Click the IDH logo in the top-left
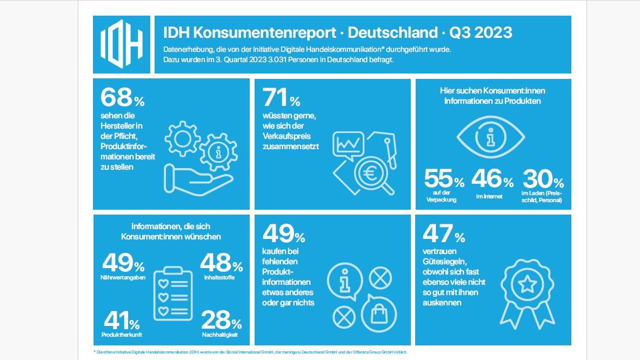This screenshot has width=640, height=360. (x=122, y=44)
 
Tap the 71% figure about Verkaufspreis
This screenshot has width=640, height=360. (x=281, y=98)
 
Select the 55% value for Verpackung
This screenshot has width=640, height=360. (x=444, y=178)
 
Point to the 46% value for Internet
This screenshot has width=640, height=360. (x=492, y=178)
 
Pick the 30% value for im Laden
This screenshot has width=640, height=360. (x=543, y=178)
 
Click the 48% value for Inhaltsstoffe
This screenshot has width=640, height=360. (x=221, y=263)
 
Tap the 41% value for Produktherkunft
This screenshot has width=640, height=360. (x=122, y=321)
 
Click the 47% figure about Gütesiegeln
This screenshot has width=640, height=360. (x=444, y=234)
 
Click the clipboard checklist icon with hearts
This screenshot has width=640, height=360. (x=172, y=294)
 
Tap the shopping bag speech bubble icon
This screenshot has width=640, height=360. (x=379, y=313)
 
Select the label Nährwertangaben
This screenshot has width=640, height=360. (x=123, y=277)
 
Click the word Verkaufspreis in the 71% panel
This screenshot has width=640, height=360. (x=286, y=136)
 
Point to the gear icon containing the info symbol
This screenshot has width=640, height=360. (x=218, y=152)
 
